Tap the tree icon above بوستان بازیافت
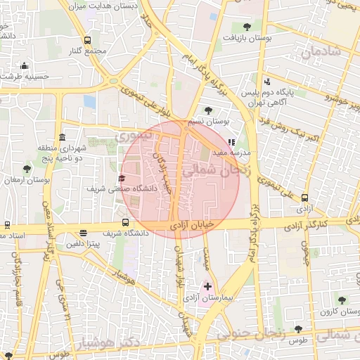tap(245, 27)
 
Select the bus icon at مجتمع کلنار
tap(87, 41)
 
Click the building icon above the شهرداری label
tap(63, 136)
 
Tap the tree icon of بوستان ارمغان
tap(27, 168)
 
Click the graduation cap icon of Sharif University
tap(122, 178)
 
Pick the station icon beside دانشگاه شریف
tap(84, 233)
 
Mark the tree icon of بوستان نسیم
tap(207, 110)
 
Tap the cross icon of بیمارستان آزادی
tap(207, 287)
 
